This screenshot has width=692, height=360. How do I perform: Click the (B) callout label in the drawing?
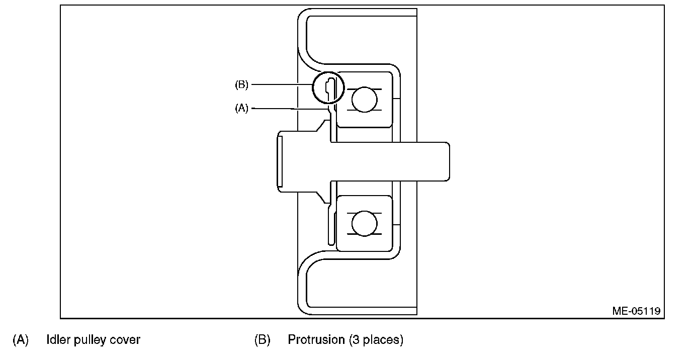coord(242,85)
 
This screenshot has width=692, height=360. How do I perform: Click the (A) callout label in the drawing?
coord(242,108)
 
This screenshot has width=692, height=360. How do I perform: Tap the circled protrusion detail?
coord(327,88)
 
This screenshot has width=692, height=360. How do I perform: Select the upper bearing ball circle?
coord(364,99)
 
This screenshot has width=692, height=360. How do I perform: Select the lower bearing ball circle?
coord(364,223)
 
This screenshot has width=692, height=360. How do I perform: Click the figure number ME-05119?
coord(636,310)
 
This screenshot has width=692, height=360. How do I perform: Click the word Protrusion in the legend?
coord(316,340)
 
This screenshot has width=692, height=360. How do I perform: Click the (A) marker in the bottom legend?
coord(21,340)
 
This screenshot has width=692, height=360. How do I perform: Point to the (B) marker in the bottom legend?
coord(263,340)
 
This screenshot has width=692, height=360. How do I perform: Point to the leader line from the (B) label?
coord(282,85)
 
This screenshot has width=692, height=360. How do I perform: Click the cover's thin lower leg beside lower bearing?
coord(330,226)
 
